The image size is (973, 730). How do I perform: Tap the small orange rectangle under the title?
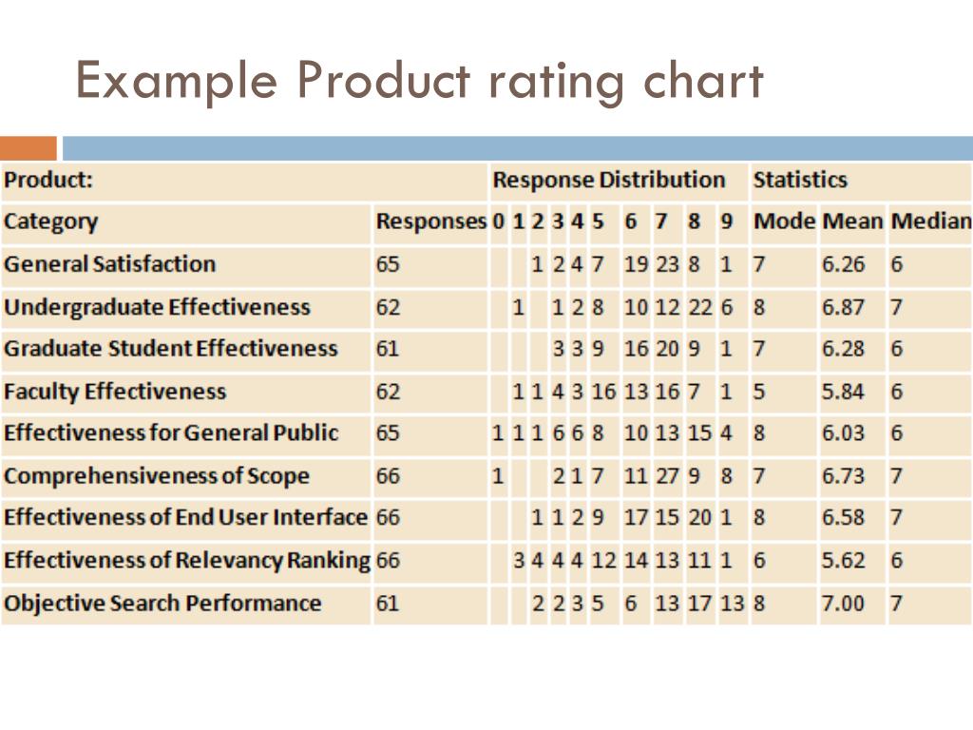(28, 148)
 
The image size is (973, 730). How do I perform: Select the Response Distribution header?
(608, 180)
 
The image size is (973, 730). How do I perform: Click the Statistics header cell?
(799, 180)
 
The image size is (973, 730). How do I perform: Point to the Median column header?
(930, 222)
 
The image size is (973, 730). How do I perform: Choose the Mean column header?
(852, 222)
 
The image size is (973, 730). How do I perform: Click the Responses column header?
(430, 222)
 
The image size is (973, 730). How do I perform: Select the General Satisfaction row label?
(109, 264)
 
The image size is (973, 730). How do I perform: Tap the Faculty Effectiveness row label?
(115, 391)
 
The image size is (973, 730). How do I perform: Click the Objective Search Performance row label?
(162, 603)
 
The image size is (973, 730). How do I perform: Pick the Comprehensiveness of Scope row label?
(157, 475)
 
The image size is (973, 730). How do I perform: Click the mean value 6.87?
(843, 307)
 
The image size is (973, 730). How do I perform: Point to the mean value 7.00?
(843, 603)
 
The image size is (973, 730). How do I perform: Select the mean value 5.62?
(843, 561)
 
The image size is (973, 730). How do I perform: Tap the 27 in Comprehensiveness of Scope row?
(667, 475)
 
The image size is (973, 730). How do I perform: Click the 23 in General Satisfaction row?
(667, 264)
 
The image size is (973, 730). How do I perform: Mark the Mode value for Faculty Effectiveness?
(759, 391)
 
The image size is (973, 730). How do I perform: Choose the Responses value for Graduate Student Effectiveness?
(388, 349)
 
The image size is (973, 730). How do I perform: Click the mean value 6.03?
(843, 433)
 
